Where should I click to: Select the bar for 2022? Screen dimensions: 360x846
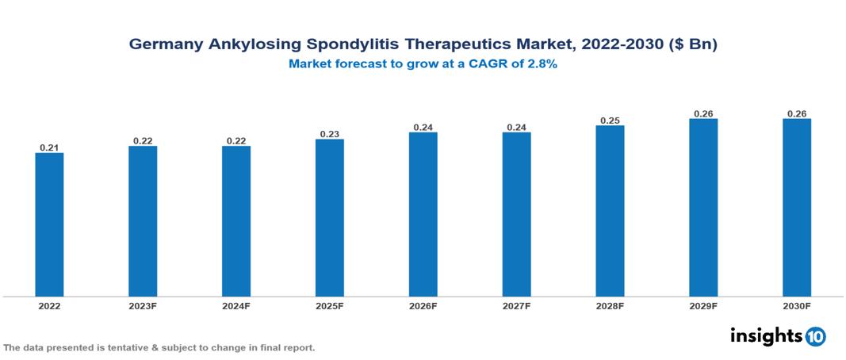tap(49, 224)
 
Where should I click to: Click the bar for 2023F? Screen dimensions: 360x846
tap(143, 221)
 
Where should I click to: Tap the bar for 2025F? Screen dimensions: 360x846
tap(330, 218)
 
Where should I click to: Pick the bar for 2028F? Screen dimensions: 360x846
tap(610, 211)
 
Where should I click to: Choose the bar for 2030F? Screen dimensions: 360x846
tap(797, 208)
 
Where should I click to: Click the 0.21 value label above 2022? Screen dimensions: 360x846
tap(49, 147)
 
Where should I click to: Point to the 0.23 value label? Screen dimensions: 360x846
tap(330, 134)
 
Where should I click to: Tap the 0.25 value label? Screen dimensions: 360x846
tap(610, 121)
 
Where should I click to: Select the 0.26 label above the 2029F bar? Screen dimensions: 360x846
tap(703, 113)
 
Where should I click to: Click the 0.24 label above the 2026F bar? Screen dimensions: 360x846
tap(423, 127)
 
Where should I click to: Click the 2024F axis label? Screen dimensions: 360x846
tap(236, 306)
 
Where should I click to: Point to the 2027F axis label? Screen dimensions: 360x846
tap(517, 306)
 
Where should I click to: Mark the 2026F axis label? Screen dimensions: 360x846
tap(423, 306)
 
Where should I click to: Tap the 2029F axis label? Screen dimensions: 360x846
tap(703, 306)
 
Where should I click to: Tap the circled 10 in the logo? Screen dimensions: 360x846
tap(815, 337)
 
